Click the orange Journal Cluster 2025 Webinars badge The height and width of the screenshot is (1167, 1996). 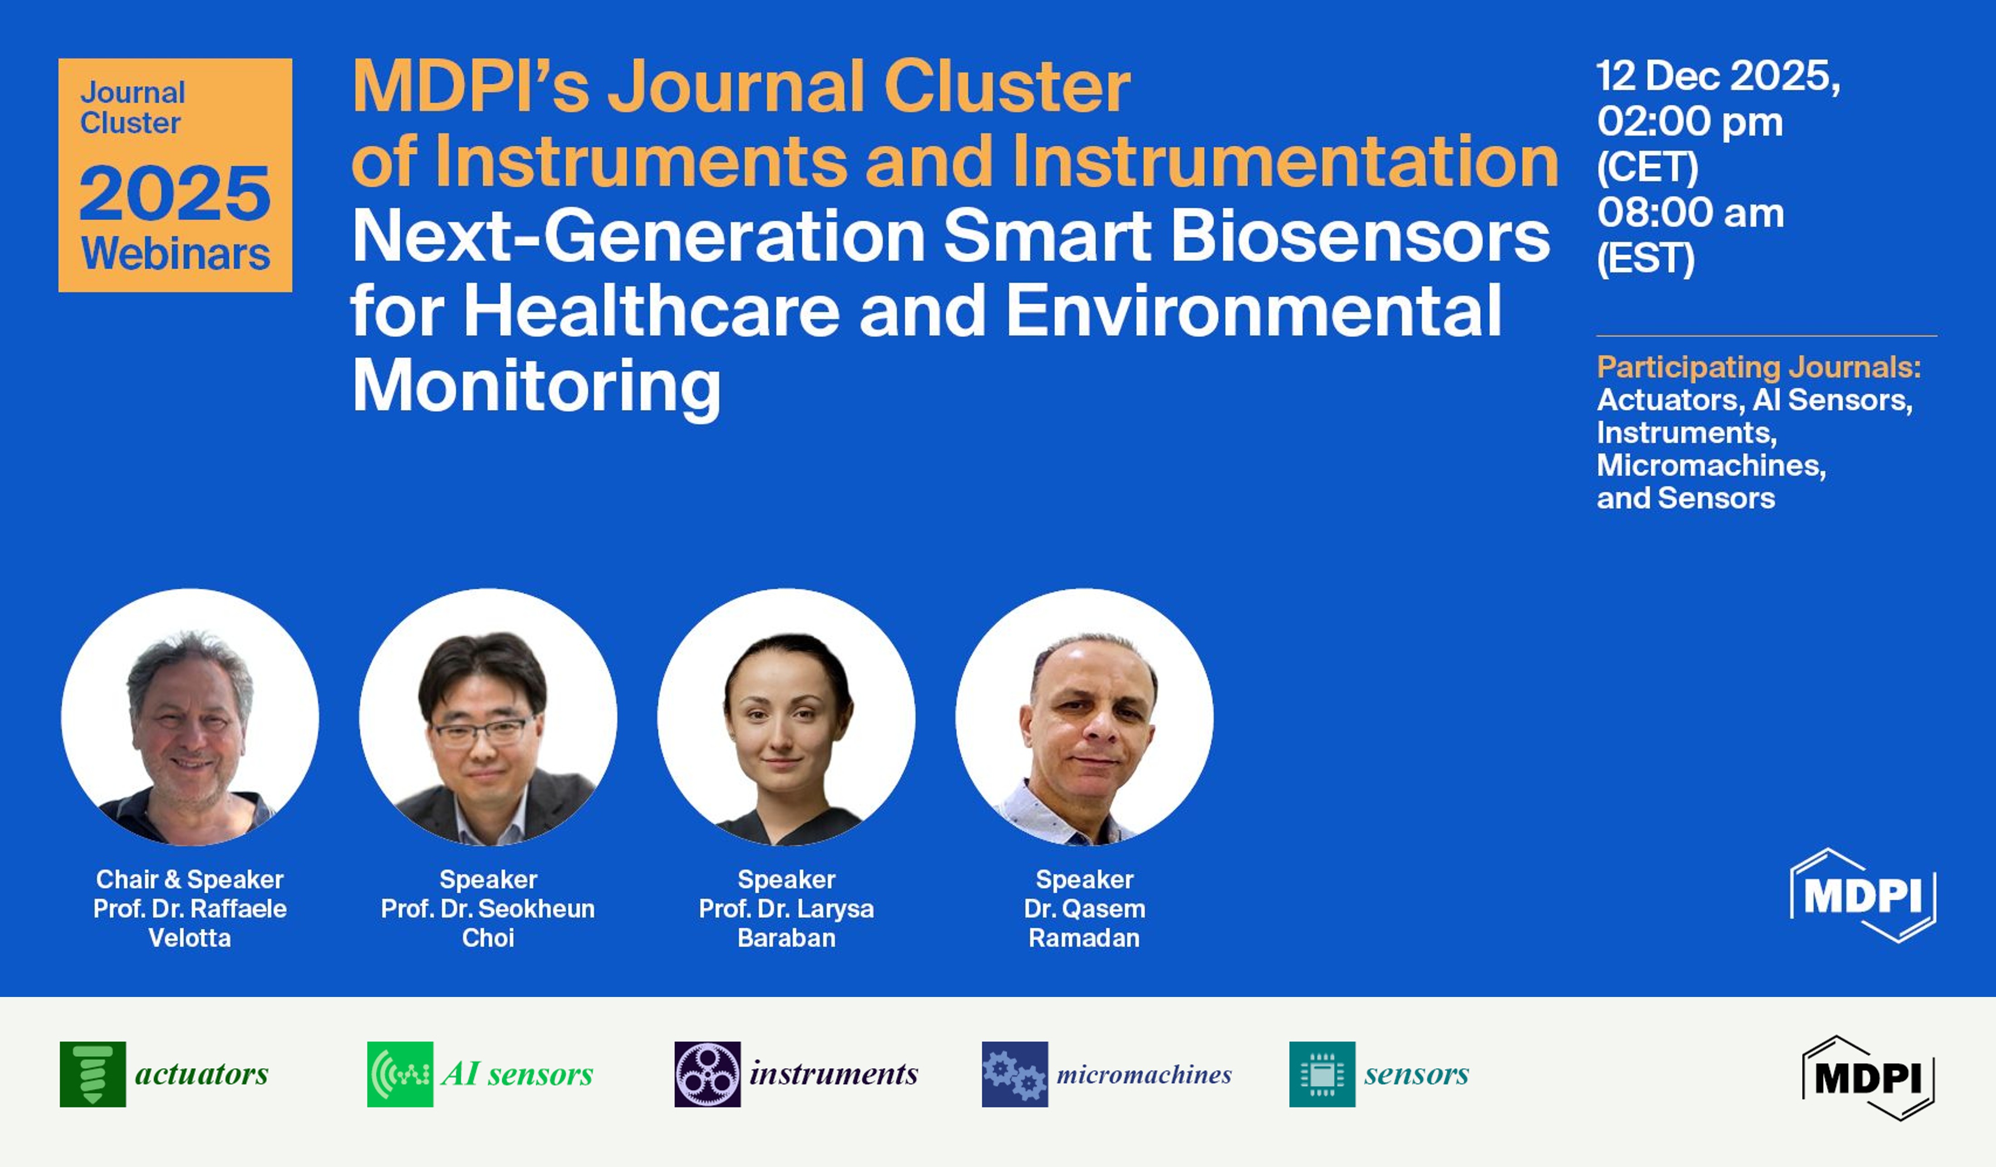point(175,175)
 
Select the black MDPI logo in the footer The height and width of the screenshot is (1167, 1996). point(1868,1078)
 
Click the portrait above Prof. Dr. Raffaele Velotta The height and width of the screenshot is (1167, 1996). point(190,717)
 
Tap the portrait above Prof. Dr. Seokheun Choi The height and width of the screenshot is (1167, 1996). point(488,717)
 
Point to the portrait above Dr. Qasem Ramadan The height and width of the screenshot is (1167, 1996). point(1084,717)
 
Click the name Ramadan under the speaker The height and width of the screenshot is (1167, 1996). point(1084,938)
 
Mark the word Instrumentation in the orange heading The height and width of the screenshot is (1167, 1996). point(1285,160)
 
